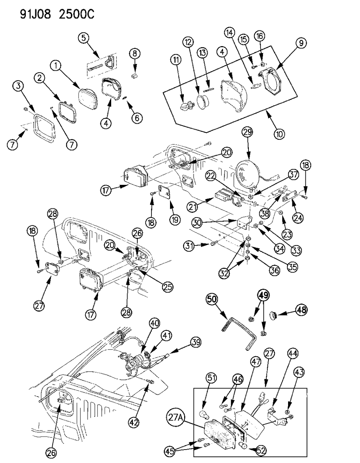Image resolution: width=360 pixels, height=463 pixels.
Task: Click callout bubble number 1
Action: (x=56, y=66)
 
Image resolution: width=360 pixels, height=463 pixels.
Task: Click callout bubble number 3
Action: (x=18, y=86)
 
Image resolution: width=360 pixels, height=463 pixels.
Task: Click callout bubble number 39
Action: (x=195, y=343)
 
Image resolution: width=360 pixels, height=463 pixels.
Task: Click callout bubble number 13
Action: (x=202, y=53)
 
